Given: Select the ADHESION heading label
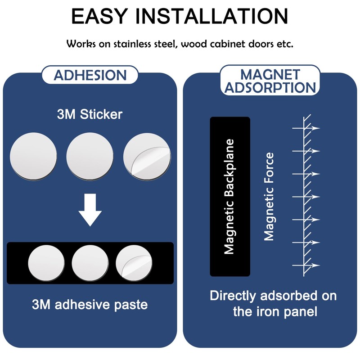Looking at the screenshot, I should pyautogui.click(x=90, y=75).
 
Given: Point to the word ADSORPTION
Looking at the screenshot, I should pyautogui.click(x=270, y=87).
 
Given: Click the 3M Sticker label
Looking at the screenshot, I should pyautogui.click(x=90, y=114).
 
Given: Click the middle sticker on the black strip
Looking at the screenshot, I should pyautogui.click(x=90, y=263).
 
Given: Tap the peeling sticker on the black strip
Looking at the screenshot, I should pyautogui.click(x=134, y=263).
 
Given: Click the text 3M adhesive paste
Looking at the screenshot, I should pyautogui.click(x=90, y=305).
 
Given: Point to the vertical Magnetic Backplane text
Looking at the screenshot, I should pyautogui.click(x=229, y=197).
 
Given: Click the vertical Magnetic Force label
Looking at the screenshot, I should pyautogui.click(x=269, y=197).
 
